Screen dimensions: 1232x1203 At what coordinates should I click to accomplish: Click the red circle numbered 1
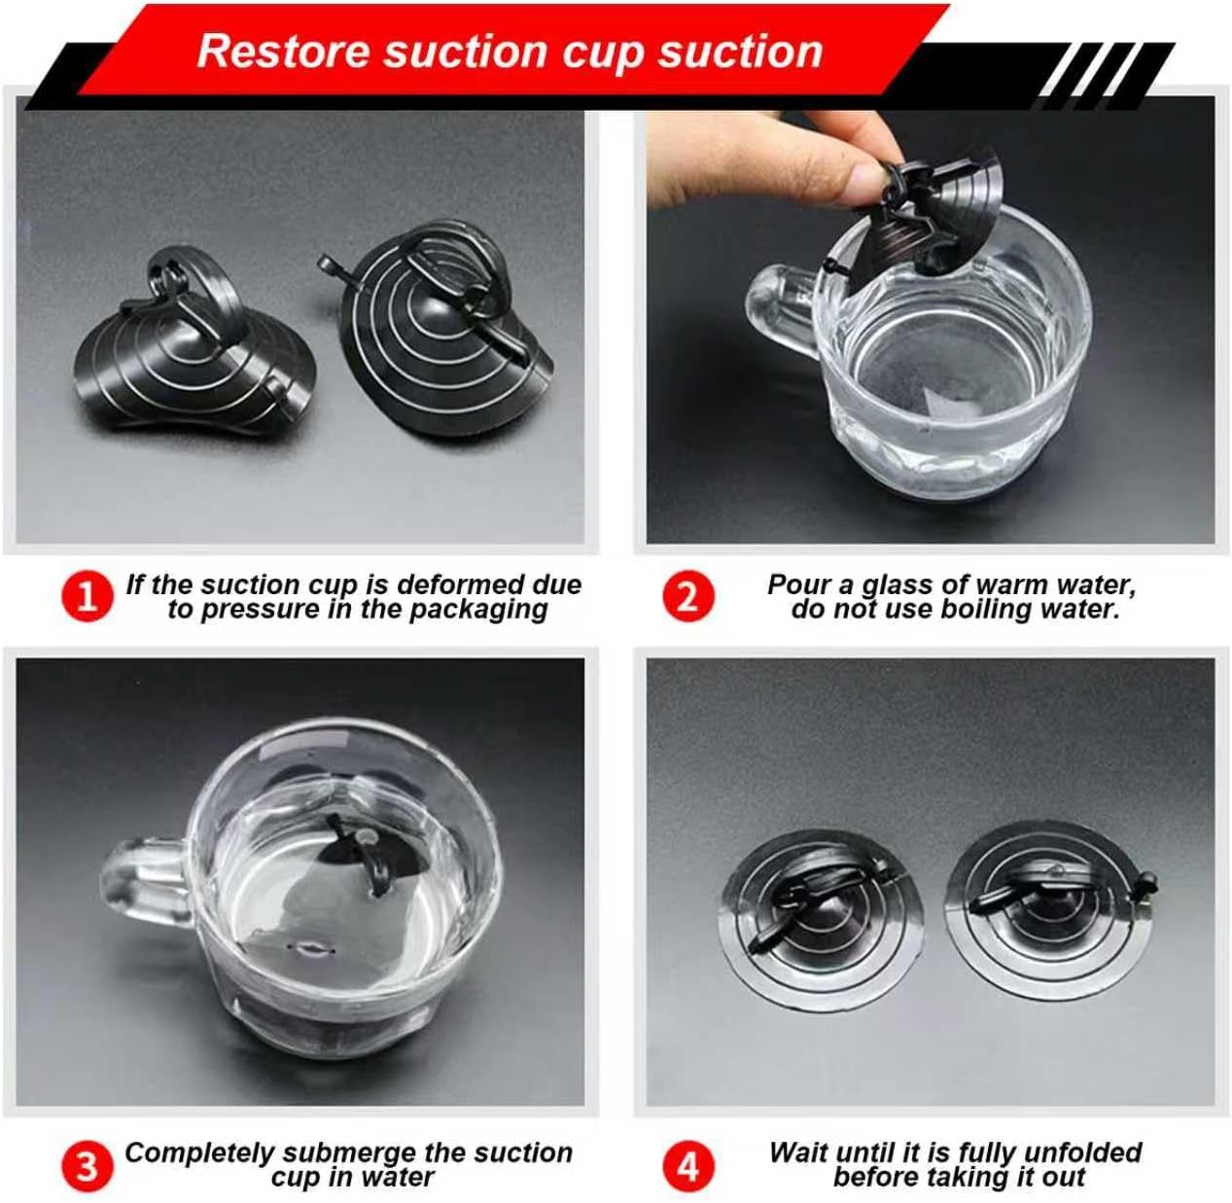tap(88, 596)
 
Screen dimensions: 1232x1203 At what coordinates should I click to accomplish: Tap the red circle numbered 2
tap(688, 596)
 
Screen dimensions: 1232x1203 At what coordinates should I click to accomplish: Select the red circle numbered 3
tap(88, 1164)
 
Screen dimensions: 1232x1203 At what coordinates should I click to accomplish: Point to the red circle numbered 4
tap(688, 1164)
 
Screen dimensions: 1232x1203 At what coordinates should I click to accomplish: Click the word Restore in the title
tap(282, 52)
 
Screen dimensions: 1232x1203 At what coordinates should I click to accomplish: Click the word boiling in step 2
tap(983, 609)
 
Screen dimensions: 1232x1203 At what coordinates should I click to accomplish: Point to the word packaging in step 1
tap(478, 610)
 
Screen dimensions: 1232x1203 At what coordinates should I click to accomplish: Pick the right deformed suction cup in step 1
tap(437, 326)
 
